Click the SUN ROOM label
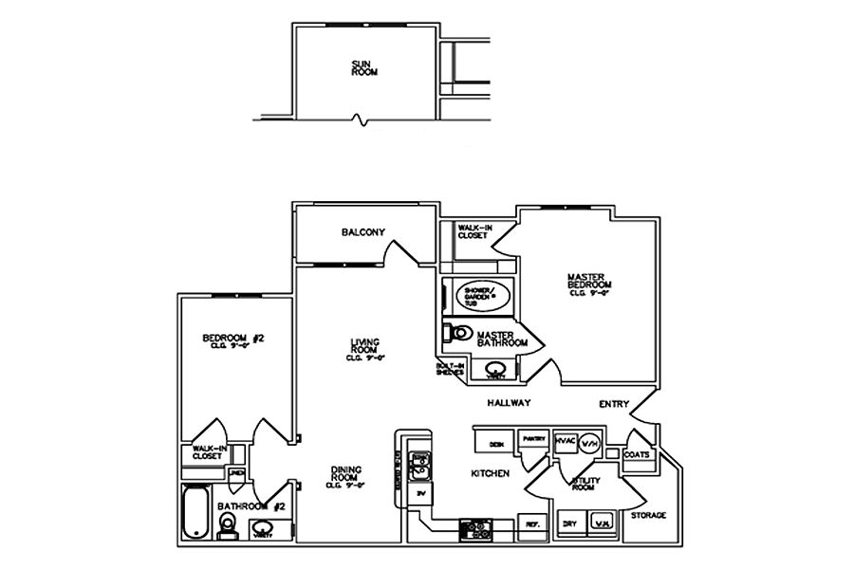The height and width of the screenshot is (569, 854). [361, 67]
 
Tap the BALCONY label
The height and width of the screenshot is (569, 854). [362, 233]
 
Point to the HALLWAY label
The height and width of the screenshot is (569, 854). [508, 404]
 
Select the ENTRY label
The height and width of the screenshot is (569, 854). [614, 405]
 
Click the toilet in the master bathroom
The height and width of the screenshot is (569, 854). [458, 334]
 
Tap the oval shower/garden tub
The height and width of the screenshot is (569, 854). [483, 296]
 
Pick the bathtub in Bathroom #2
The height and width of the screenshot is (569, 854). [194, 514]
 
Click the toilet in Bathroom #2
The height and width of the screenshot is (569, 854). [226, 523]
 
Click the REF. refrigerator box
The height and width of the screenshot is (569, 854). [531, 524]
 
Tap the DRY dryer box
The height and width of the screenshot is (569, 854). [569, 524]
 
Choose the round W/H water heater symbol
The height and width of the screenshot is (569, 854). [589, 443]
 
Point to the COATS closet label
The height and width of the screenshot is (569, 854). [636, 455]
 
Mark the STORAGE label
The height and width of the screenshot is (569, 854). [649, 516]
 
